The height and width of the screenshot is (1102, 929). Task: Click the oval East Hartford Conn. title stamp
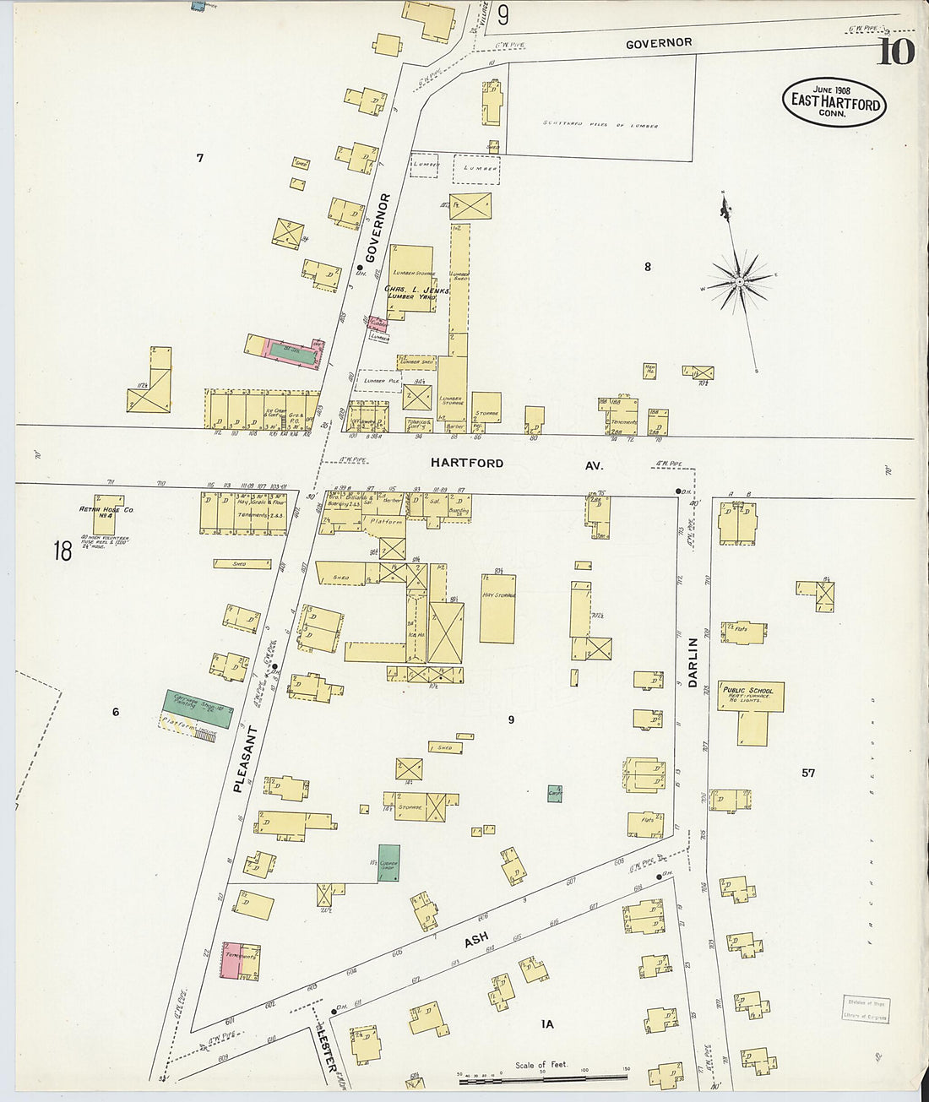834,102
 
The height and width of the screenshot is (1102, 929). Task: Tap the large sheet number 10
894,52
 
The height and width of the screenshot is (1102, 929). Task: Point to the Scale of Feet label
543,1066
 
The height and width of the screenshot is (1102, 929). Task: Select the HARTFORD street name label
467,463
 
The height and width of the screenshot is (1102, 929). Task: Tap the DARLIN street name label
693,661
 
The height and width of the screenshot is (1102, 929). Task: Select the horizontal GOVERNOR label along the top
659,43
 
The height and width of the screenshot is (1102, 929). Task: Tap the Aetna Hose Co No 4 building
108,514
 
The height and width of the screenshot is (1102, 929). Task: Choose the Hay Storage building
497,608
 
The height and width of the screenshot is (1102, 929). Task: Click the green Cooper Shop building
388,863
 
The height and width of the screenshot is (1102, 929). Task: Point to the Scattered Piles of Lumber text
600,125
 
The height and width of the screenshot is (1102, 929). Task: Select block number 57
808,773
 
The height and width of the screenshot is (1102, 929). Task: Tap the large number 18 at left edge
62,551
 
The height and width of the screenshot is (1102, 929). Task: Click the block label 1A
547,1023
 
